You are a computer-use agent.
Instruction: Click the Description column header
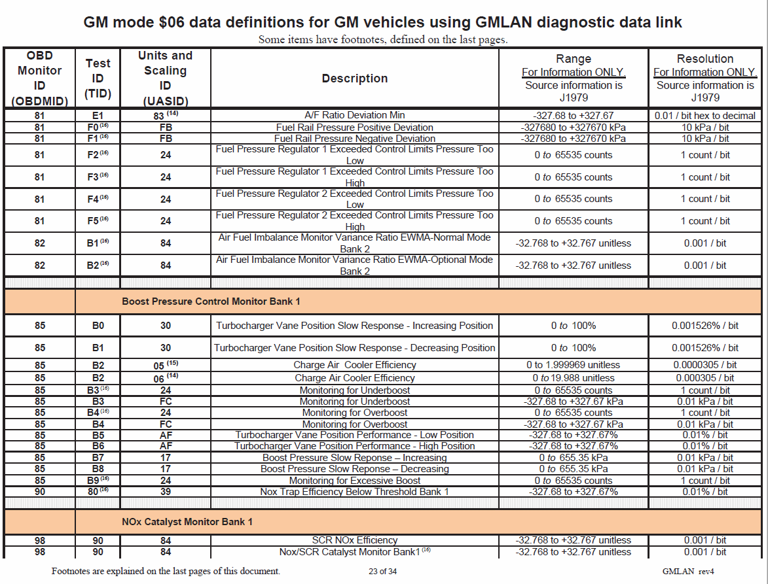click(x=354, y=78)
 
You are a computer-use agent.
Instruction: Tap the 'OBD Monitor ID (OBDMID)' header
click(x=39, y=78)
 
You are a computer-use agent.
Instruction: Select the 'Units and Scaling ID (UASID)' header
click(x=165, y=78)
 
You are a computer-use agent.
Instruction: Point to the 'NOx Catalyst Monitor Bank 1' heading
click(x=187, y=521)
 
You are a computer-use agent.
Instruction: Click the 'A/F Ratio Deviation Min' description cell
click(x=354, y=115)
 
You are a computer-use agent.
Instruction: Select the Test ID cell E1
click(x=98, y=115)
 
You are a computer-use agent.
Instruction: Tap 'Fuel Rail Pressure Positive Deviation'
click(x=354, y=127)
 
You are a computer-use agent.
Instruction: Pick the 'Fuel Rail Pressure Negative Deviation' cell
click(x=354, y=139)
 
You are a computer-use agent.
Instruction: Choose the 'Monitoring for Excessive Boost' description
click(x=354, y=481)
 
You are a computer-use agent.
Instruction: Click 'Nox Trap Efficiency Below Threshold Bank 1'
click(x=354, y=492)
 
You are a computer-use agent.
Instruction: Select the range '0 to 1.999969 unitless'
click(x=573, y=365)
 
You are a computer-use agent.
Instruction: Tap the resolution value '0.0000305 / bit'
click(x=704, y=365)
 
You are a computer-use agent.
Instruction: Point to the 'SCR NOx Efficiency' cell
click(x=354, y=540)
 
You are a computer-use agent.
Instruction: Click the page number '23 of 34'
click(x=382, y=571)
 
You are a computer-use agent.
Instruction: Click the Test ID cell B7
click(x=98, y=458)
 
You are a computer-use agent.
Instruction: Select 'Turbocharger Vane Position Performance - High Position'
click(x=354, y=446)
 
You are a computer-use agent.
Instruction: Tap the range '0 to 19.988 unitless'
click(x=573, y=378)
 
